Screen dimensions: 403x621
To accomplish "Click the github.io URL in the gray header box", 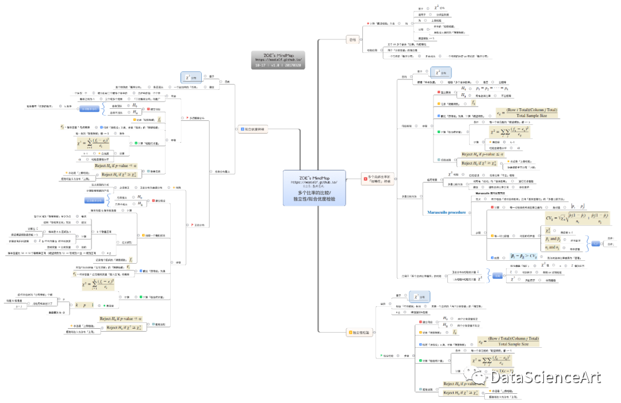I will tap(278, 59).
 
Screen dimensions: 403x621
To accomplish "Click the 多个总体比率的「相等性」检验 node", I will tap(379, 180).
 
